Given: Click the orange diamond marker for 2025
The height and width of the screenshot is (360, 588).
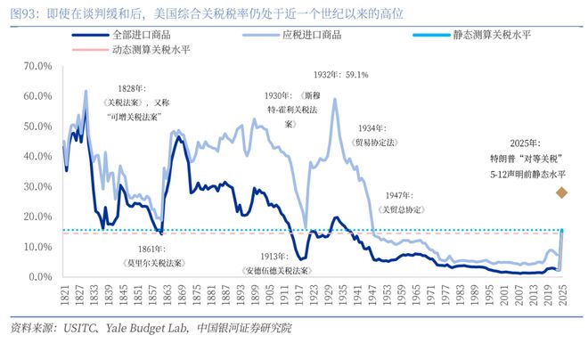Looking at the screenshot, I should (561, 192).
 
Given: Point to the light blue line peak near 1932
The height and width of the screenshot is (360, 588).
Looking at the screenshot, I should (334, 99).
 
